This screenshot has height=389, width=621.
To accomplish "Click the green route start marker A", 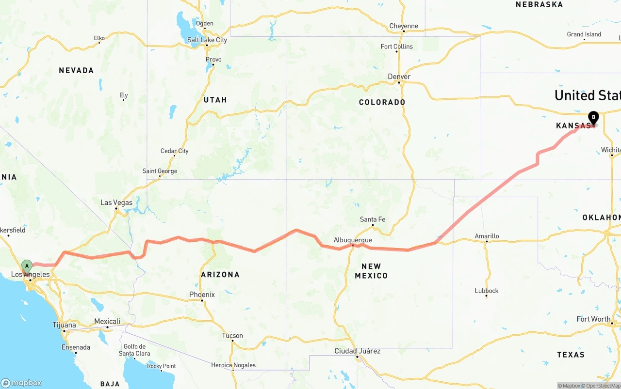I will pyautogui.click(x=27, y=266).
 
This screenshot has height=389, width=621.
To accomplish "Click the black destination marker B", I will pyautogui.click(x=593, y=117).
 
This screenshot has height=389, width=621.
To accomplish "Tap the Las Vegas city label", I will pyautogui.click(x=116, y=202).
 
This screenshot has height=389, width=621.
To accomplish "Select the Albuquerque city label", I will pyautogui.click(x=353, y=240).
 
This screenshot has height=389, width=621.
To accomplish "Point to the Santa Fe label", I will pyautogui.click(x=373, y=219).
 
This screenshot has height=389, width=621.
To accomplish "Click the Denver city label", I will pyautogui.click(x=399, y=77).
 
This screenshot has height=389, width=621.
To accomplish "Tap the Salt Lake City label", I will pyautogui.click(x=207, y=40).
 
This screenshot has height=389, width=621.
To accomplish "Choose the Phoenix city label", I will pyautogui.click(x=202, y=295).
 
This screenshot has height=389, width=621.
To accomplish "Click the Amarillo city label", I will pyautogui.click(x=487, y=236).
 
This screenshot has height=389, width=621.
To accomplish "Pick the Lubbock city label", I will pyautogui.click(x=487, y=291).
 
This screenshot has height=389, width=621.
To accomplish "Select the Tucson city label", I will pyautogui.click(x=232, y=335).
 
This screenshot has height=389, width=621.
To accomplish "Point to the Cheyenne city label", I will pyautogui.click(x=404, y=26).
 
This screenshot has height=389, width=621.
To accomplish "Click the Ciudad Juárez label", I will pyautogui.click(x=358, y=351).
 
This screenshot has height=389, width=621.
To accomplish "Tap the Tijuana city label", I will pyautogui.click(x=64, y=325).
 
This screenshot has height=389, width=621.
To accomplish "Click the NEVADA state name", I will pyautogui.click(x=76, y=70).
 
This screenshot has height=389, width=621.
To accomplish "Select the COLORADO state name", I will pyautogui.click(x=382, y=102).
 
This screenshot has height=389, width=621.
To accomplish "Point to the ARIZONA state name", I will pyautogui.click(x=220, y=274).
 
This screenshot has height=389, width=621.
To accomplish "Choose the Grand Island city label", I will pyautogui.click(x=584, y=34).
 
